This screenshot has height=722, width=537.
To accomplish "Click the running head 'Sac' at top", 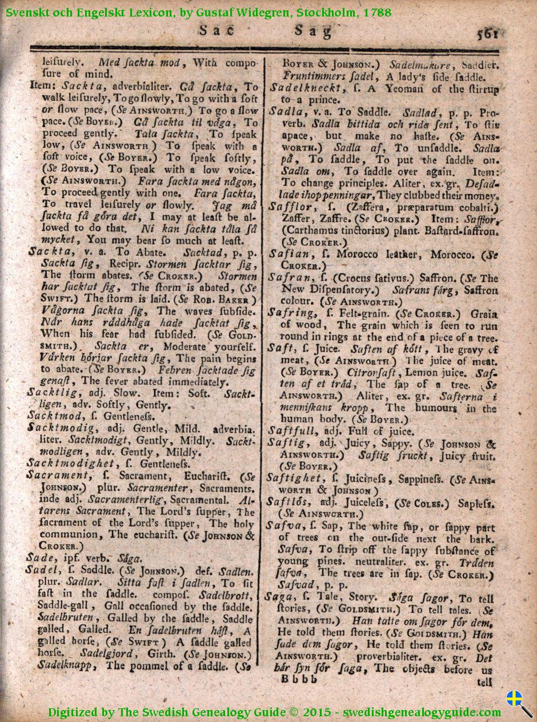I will [213, 31].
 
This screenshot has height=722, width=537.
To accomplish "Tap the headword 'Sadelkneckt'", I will [306, 88].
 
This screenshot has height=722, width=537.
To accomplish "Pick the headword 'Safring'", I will [291, 313].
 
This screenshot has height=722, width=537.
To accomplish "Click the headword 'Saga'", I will [278, 597].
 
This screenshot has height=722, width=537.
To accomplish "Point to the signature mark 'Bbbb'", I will [299, 679].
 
